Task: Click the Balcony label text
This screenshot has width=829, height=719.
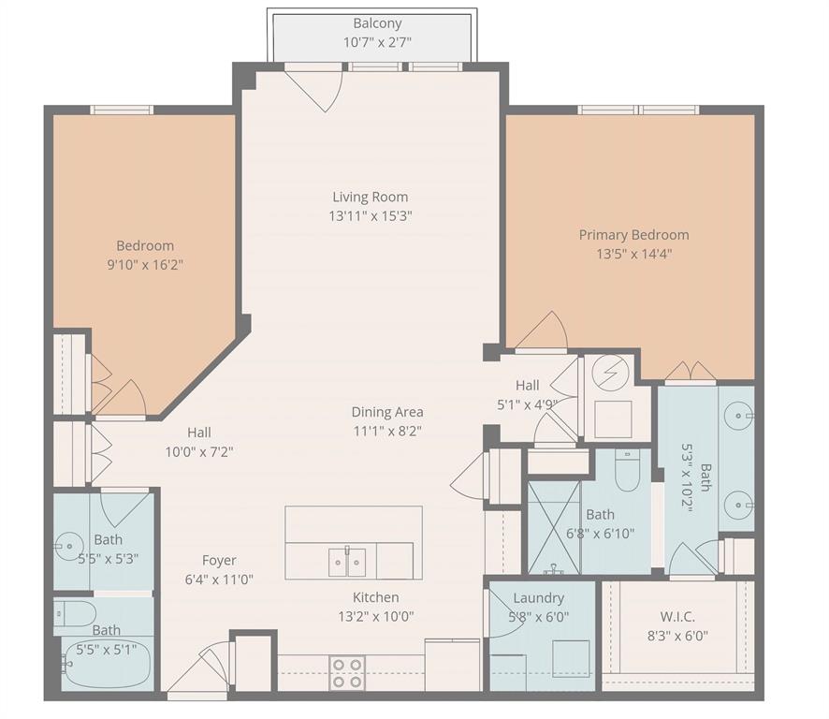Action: click(377, 23)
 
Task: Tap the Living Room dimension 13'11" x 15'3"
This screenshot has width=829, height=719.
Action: click(371, 215)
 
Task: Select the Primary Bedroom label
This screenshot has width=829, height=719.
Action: click(633, 235)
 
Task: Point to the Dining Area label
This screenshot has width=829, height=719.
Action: click(387, 412)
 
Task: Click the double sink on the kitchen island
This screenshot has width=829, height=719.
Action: click(346, 562)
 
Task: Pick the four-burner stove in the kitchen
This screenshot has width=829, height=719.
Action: click(347, 673)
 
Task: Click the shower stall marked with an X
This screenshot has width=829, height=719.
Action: click(554, 527)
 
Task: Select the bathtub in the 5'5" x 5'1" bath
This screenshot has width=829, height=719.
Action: click(105, 671)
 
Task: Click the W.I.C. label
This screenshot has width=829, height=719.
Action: click(678, 617)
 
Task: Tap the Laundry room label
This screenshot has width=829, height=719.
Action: click(539, 598)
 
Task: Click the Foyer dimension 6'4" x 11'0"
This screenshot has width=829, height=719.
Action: click(219, 580)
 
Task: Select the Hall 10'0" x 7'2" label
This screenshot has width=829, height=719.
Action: click(198, 433)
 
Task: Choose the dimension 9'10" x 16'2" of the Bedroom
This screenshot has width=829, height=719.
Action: click(145, 265)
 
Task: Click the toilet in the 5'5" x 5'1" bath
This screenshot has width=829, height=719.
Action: click(75, 614)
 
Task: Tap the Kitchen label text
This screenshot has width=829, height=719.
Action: click(376, 597)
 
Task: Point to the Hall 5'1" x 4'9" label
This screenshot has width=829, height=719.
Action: click(528, 386)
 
